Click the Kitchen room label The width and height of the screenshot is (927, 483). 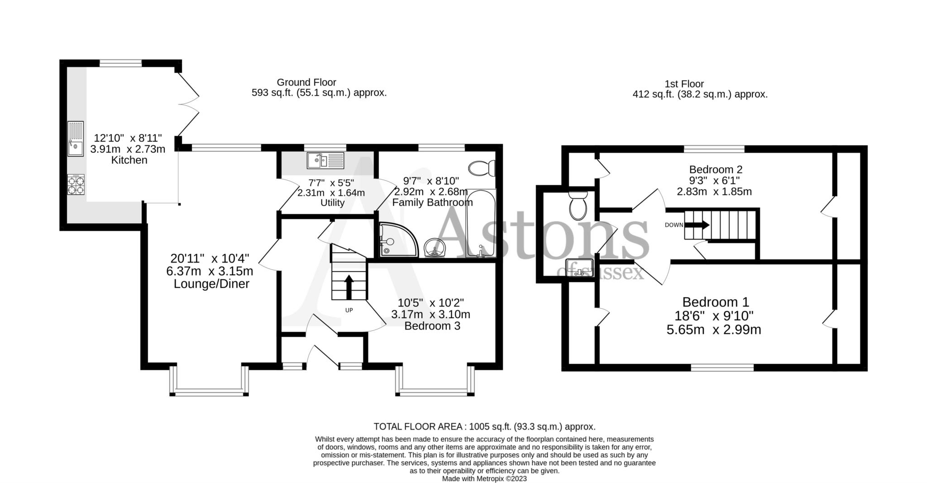click(x=129, y=160)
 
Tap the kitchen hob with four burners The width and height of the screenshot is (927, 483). click(x=76, y=185)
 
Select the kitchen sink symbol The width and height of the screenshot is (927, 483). click(x=76, y=139)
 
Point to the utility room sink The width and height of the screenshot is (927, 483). click(x=325, y=160)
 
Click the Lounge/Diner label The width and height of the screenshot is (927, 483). click(x=211, y=284)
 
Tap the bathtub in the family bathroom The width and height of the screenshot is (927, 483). click(x=481, y=224)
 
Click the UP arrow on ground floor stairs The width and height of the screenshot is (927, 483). click(x=349, y=287)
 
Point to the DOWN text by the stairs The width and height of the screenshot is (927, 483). click(x=674, y=225)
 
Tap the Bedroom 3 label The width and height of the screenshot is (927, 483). click(x=432, y=326)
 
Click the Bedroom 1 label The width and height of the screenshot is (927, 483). click(x=716, y=302)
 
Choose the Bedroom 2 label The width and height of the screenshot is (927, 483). click(x=716, y=170)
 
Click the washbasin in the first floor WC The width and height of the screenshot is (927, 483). click(x=579, y=268)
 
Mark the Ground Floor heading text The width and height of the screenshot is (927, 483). click(x=306, y=82)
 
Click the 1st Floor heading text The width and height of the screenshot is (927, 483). click(x=684, y=84)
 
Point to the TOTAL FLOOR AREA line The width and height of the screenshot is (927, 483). click(x=484, y=426)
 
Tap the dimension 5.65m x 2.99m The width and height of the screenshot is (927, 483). click(x=714, y=330)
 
